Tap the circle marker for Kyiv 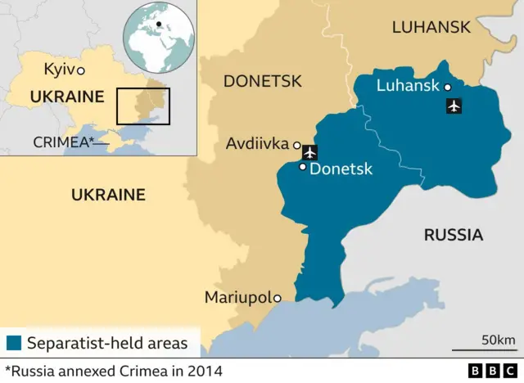(81, 71)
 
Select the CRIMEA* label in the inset (61, 142)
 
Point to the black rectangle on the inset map (142, 106)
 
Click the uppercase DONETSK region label (262, 81)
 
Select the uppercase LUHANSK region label (431, 27)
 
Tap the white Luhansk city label (407, 85)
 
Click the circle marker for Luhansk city (448, 86)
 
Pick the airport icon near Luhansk (454, 106)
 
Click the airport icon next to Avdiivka (309, 151)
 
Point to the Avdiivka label (257, 145)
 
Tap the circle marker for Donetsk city (303, 167)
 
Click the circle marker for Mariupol (278, 298)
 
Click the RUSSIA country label (453, 236)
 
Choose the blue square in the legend (12, 343)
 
